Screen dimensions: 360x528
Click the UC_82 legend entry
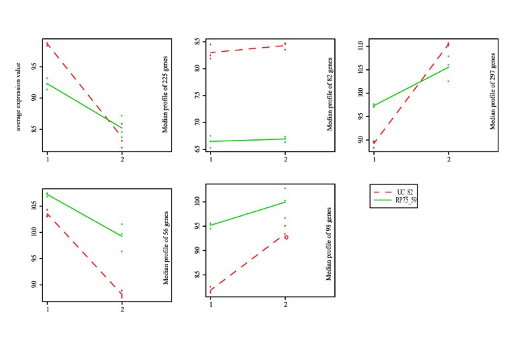click(394, 193)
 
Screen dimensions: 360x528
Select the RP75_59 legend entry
click(394, 201)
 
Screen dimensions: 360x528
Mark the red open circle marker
click(286, 237)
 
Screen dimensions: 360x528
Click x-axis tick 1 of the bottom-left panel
click(47, 308)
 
